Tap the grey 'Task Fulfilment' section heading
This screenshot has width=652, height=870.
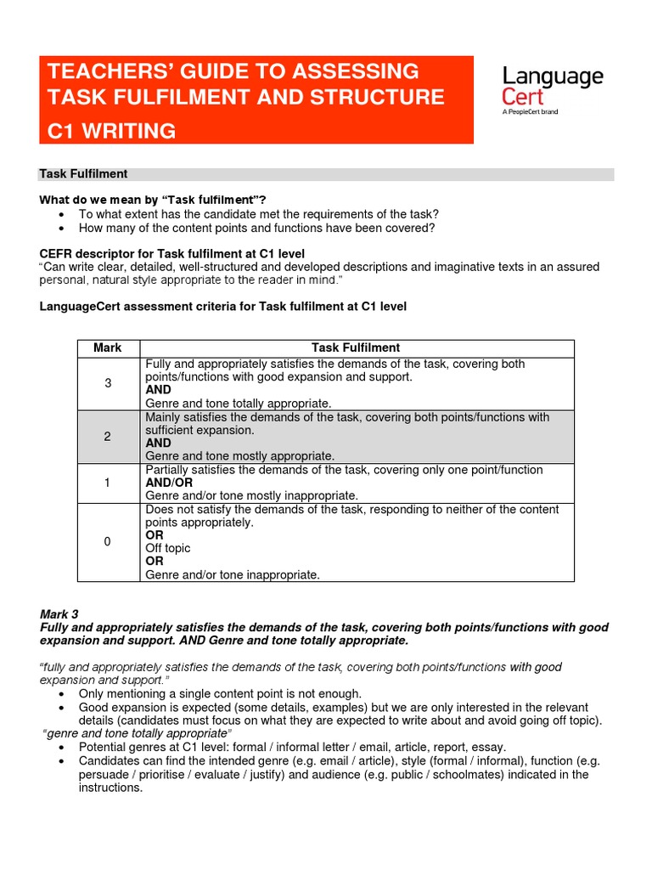83,174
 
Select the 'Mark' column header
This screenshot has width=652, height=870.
108,347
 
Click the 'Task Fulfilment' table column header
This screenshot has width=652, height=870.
356,347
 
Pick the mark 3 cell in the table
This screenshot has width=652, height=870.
108,383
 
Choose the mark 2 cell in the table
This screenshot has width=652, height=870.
108,436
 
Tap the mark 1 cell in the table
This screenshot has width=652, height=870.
108,483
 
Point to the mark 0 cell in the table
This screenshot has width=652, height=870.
108,541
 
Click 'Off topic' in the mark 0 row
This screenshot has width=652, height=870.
167,548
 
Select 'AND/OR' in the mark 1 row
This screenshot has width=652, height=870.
169,483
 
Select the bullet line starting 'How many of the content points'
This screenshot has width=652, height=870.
256,228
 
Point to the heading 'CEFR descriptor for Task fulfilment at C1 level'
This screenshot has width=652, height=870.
171,254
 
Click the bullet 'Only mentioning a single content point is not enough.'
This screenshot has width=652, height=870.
220,693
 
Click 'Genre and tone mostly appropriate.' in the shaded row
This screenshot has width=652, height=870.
239,455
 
